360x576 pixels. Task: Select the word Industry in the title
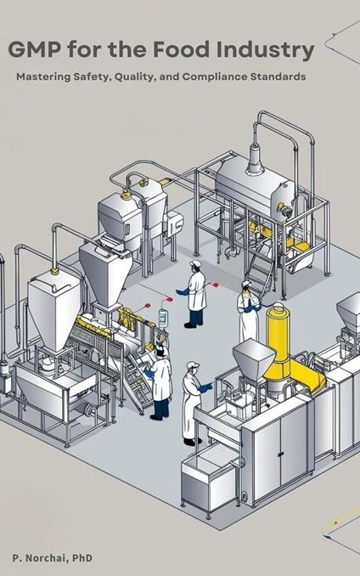coord(265,50)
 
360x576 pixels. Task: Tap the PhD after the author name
coord(82,558)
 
